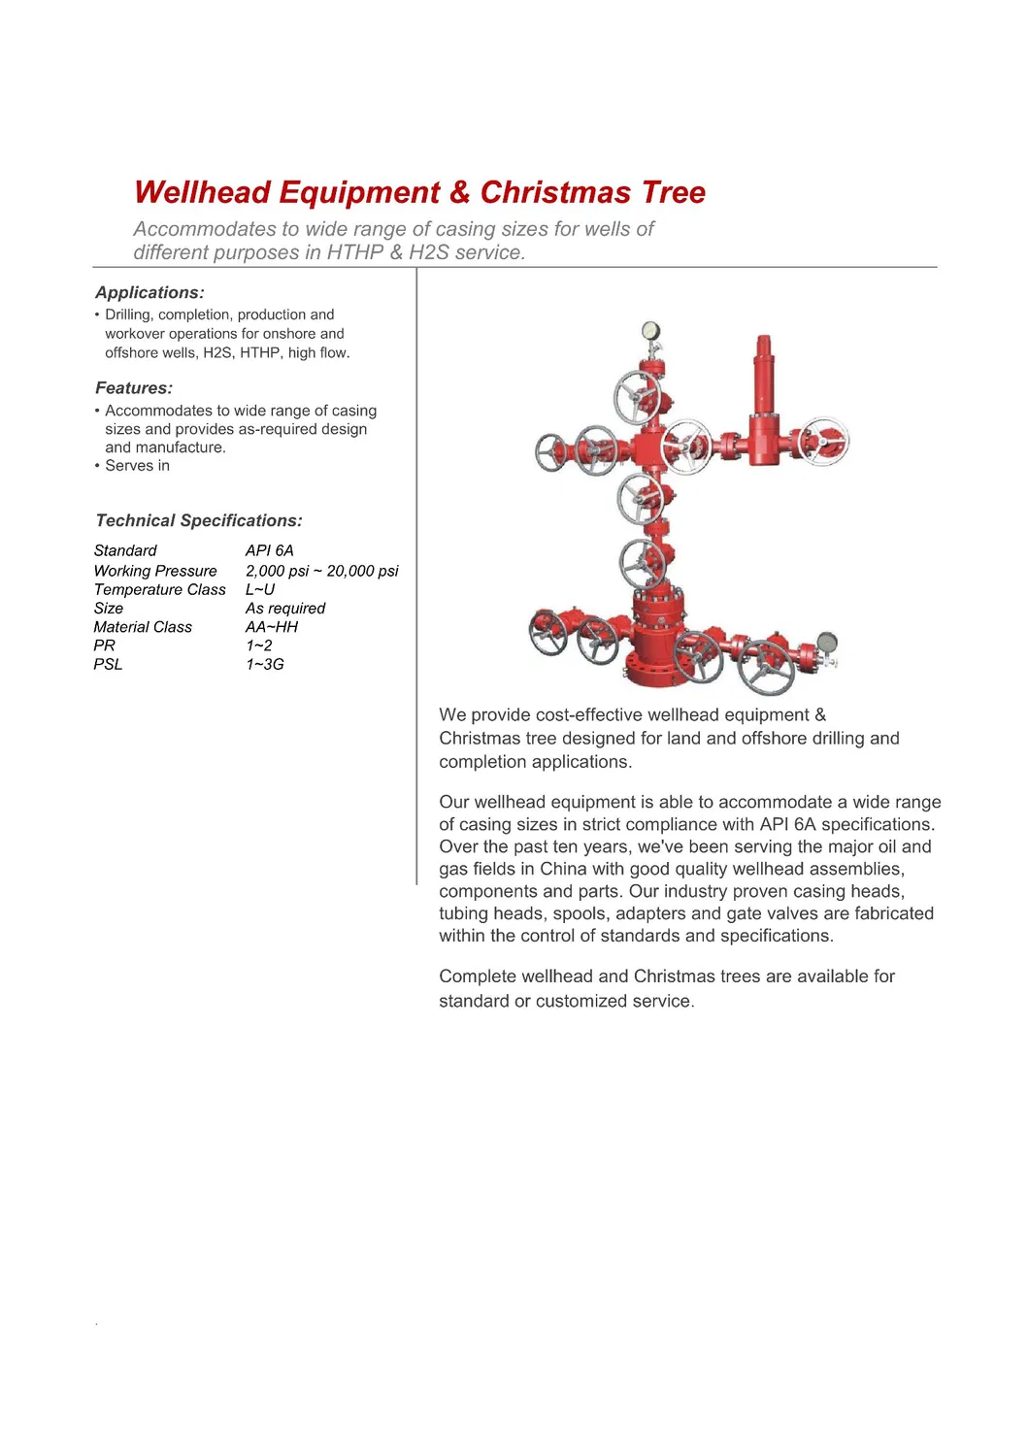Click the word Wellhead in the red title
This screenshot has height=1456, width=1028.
(x=203, y=192)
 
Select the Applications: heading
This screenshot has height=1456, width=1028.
(x=149, y=292)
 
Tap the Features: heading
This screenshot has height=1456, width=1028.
(x=134, y=388)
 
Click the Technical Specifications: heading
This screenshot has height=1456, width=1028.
(x=199, y=520)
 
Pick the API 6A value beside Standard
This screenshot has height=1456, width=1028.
(x=269, y=550)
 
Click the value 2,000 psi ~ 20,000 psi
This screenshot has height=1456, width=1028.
(x=321, y=571)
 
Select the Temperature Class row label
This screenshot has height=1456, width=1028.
(x=159, y=589)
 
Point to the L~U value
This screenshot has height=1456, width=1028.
(x=260, y=589)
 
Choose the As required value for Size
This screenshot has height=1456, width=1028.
(x=285, y=608)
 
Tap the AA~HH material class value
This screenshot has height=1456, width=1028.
(x=272, y=627)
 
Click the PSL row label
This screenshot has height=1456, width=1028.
(x=108, y=664)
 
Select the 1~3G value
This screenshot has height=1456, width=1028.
(x=265, y=664)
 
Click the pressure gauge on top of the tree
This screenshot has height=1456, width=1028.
(x=650, y=331)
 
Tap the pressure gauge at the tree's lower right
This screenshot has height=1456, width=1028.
(x=827, y=643)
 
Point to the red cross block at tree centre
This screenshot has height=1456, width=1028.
(x=647, y=448)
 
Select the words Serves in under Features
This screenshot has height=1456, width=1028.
(x=137, y=466)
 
